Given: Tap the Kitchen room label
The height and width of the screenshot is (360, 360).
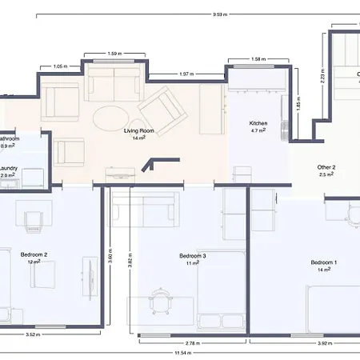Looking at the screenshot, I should (258, 123).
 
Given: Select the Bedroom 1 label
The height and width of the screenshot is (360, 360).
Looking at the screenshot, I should (323, 262).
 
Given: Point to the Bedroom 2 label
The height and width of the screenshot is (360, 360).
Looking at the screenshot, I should (34, 254).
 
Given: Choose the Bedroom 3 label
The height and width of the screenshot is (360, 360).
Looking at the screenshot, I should (193, 256).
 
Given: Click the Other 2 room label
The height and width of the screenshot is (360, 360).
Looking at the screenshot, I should (326, 167).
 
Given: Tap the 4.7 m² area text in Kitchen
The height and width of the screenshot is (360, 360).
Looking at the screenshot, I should (258, 130).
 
